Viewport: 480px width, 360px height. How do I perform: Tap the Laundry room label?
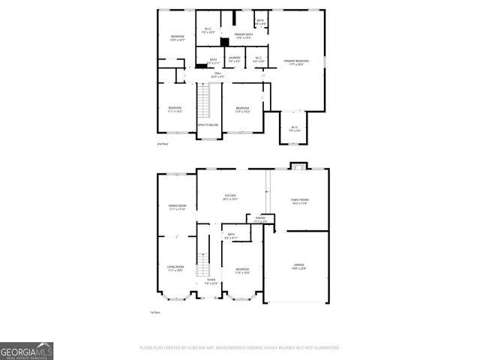(234, 58)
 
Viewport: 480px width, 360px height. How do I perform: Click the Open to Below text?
(208, 125)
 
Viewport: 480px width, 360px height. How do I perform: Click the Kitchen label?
(230, 197)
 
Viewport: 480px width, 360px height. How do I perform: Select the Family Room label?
(300, 201)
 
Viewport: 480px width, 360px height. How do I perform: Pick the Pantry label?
(261, 220)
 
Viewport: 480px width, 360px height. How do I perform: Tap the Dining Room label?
(177, 208)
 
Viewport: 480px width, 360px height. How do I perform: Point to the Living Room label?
(175, 268)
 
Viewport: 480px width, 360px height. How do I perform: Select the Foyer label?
(211, 281)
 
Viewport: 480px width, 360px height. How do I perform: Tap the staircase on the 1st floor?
(202, 262)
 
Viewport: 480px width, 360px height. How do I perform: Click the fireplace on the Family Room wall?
(297, 166)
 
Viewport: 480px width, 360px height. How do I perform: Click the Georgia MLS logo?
(26, 350)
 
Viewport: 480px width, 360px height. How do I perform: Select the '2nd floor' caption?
(163, 142)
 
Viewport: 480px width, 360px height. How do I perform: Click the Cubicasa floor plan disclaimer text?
(239, 348)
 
